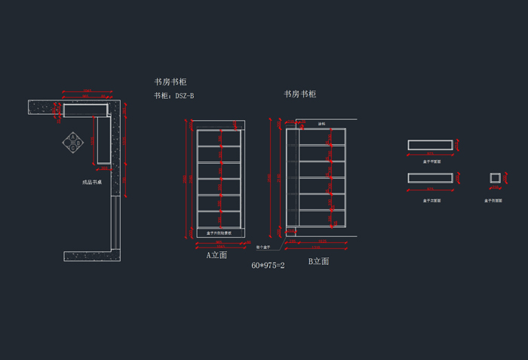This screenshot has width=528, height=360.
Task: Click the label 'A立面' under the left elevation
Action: pos(217,255)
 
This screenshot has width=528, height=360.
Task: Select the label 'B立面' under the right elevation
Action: pos(318,261)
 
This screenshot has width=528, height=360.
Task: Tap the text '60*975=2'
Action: pos(268,266)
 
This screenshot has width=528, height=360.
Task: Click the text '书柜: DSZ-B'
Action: pos(174,96)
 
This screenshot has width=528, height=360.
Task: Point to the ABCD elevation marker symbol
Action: pos(73,142)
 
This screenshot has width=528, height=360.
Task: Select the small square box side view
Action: pos(495,178)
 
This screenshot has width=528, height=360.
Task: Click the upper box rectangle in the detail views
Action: pos(430,145)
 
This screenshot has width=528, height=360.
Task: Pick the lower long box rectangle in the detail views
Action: pos(430,178)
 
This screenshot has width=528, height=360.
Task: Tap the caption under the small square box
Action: pos(495,201)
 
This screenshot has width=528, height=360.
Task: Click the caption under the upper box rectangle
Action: pos(431,161)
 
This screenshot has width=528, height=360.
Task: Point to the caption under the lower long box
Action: pos(431,201)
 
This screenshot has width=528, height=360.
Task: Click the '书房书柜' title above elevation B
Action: pos(299,94)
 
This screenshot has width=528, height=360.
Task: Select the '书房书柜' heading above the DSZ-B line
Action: pos(170,82)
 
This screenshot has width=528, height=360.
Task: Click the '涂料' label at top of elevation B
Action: pos(321,123)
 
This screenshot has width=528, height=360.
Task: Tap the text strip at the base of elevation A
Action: pos(219,233)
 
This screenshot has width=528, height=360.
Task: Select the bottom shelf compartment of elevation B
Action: pos(323,217)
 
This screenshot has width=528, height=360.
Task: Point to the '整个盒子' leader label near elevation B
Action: pos(262,247)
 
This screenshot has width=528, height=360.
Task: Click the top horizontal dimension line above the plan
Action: pos(87,92)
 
